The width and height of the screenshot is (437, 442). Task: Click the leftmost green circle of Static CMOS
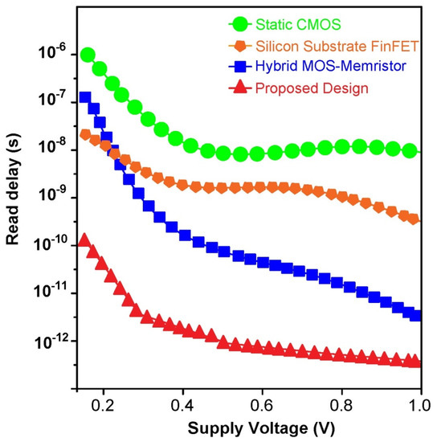(88, 55)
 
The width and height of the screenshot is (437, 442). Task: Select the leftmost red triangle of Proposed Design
(85, 240)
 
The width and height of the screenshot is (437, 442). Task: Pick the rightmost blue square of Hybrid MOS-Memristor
(415, 316)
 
